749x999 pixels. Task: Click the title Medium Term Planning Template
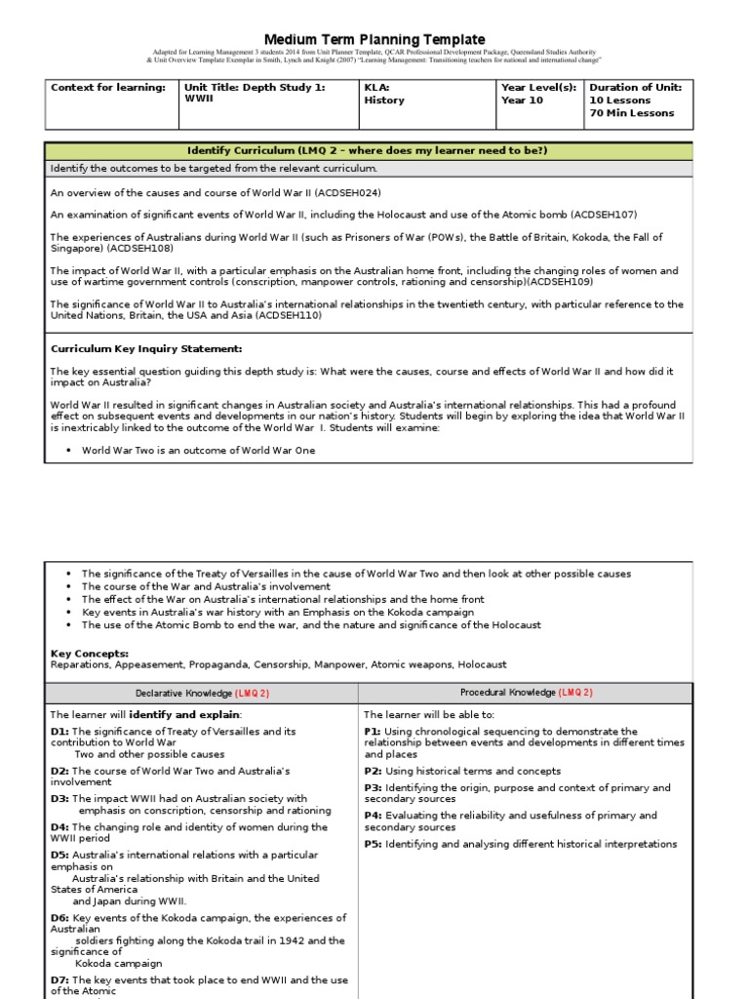coord(374,39)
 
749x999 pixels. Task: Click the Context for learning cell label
coord(108,88)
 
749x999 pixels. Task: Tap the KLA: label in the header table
coord(376,88)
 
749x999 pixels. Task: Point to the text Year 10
coord(521,100)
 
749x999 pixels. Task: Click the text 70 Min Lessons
coord(631,113)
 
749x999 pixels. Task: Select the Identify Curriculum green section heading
coord(368,150)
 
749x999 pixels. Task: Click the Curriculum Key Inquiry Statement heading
coord(146,348)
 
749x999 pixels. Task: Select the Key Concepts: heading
coord(89,653)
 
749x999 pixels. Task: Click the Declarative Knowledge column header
coord(201,693)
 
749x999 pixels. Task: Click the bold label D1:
coord(59,731)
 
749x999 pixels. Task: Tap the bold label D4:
coord(59,826)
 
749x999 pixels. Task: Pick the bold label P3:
coord(373,787)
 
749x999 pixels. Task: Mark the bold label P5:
coord(373,844)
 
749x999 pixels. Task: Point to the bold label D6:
coord(59,918)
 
